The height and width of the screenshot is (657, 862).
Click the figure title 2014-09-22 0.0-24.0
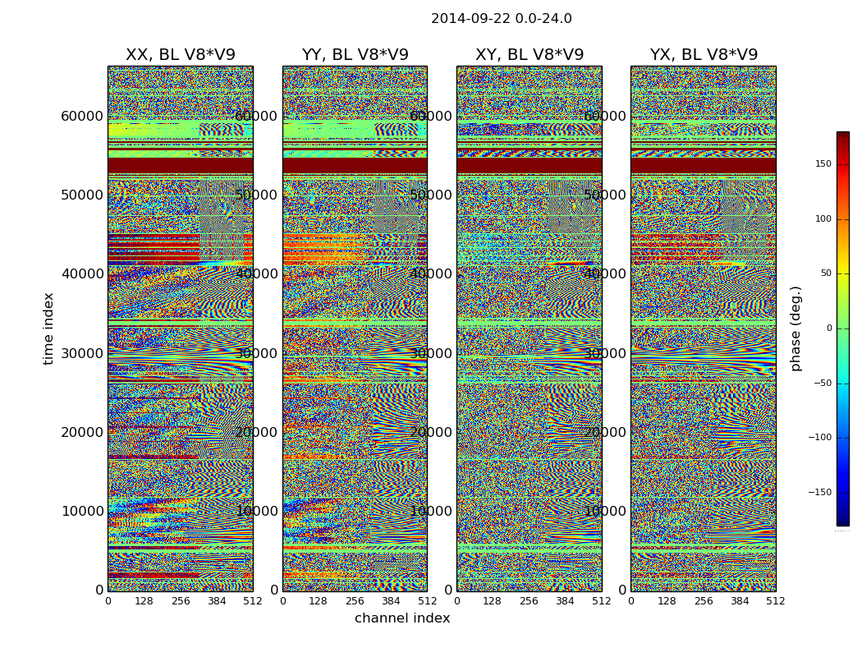pyautogui.click(x=501, y=19)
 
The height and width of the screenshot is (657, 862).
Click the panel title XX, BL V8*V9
pyautogui.click(x=180, y=55)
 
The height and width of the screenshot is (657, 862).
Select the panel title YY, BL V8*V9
pyautogui.click(x=355, y=55)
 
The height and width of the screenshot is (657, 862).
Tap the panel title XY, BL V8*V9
pyautogui.click(x=530, y=55)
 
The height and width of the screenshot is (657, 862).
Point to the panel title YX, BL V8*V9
pyautogui.click(x=704, y=55)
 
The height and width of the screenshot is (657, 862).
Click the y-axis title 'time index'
pyautogui.click(x=48, y=328)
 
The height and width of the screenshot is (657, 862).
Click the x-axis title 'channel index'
pyautogui.click(x=402, y=618)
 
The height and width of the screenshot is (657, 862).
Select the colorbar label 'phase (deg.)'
pyautogui.click(x=796, y=328)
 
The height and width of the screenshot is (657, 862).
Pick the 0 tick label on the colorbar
pyautogui.click(x=851, y=328)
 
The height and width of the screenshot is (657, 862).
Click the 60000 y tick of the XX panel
pyautogui.click(x=81, y=116)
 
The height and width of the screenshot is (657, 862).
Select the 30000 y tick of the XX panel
pyautogui.click(x=81, y=353)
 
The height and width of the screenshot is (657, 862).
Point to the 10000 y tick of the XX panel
pyautogui.click(x=81, y=511)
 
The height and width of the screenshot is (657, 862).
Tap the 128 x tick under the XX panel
pyautogui.click(x=144, y=601)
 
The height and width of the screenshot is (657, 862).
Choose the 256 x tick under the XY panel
pyautogui.click(x=529, y=601)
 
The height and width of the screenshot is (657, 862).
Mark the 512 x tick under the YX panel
pyautogui.click(x=775, y=601)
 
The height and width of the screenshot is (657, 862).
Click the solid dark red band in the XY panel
pyautogui.click(x=529, y=165)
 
